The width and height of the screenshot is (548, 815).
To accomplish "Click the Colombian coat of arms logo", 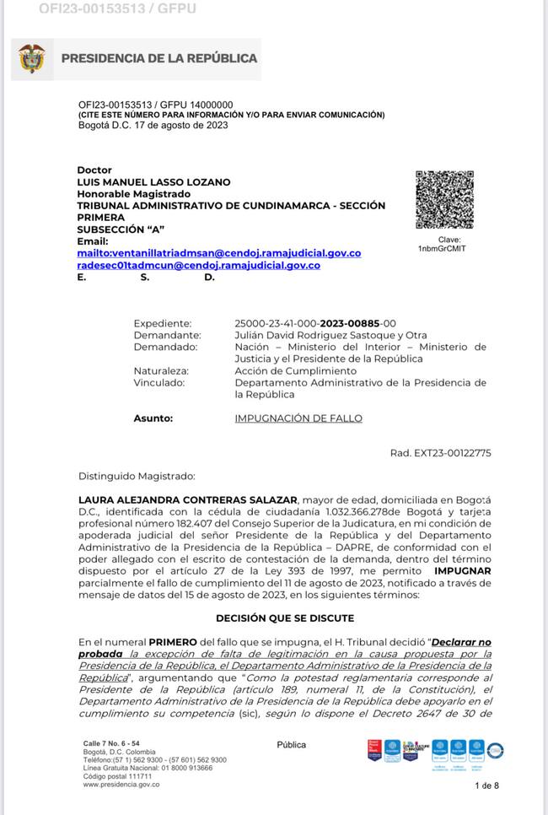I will coord(32,58).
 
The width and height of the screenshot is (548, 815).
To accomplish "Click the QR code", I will coord(444,199).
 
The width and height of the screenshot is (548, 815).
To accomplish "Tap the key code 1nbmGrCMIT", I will coord(442,248).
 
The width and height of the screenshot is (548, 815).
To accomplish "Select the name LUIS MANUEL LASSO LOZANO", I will coord(153,182).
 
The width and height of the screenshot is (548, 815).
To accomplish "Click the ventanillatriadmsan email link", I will coord(218,253).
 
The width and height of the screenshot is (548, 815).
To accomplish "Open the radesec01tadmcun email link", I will coord(198,265).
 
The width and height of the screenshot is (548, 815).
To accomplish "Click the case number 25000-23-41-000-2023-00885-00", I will coord(314,323).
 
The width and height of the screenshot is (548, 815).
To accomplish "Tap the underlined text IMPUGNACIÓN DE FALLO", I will coord(298,418).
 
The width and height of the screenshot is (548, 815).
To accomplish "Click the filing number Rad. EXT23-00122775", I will coord(440,453).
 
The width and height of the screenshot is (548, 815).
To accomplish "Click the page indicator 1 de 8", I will coord(486,785).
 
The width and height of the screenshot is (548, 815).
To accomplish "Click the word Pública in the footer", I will coord(292,745).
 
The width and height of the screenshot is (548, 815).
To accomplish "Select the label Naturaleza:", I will coord(161,370).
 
